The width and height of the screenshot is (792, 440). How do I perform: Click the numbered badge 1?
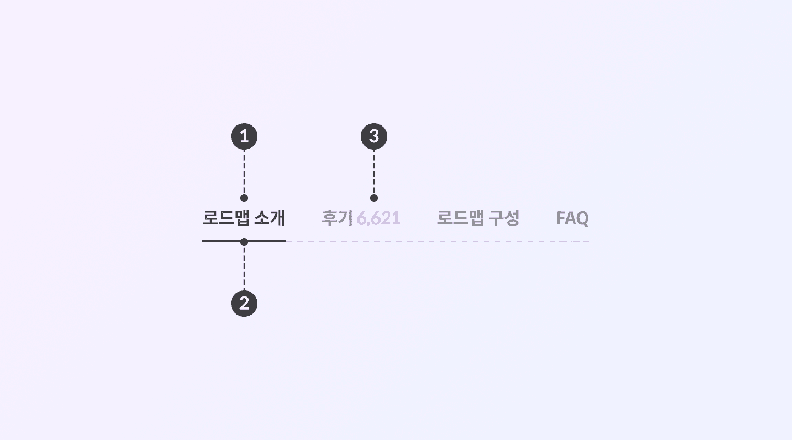[x=244, y=136]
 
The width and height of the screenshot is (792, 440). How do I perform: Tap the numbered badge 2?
[x=244, y=304]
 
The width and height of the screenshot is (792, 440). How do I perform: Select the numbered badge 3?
[x=374, y=136]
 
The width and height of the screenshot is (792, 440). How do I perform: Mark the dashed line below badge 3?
[x=374, y=172]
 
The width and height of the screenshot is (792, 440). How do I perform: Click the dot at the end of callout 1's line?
[x=244, y=198]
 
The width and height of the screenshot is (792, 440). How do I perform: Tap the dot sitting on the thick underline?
[x=244, y=241]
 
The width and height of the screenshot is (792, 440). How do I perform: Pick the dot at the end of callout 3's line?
[x=374, y=198]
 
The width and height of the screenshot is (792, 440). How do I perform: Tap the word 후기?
[x=337, y=218]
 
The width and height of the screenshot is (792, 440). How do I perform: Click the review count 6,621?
[x=378, y=218]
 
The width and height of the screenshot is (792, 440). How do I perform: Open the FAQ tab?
[x=572, y=218]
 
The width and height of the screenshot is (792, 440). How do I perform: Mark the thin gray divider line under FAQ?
[x=572, y=241]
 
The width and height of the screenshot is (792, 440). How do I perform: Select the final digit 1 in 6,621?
[x=397, y=218]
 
